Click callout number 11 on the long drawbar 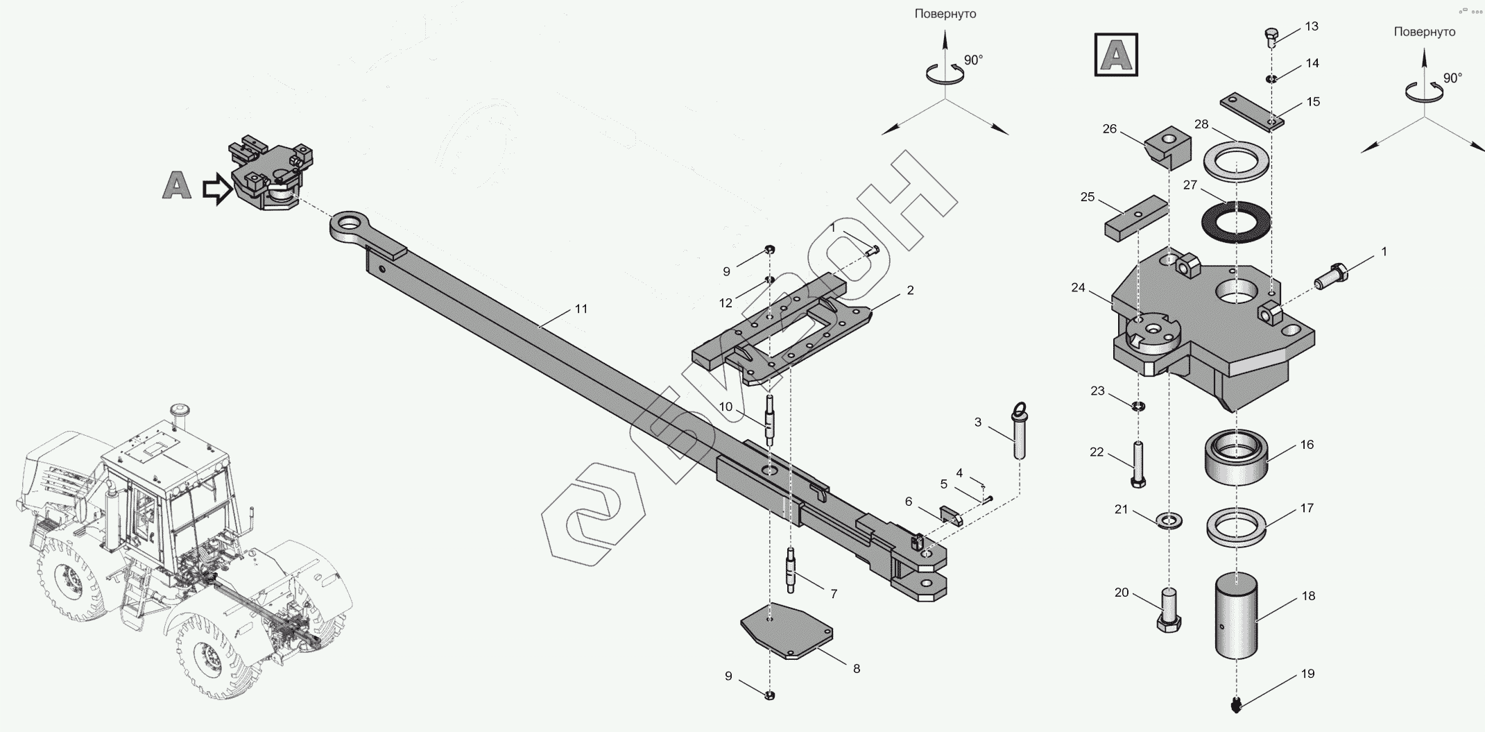point(581,309)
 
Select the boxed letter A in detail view point(1116,54)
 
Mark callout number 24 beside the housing point(1078,287)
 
